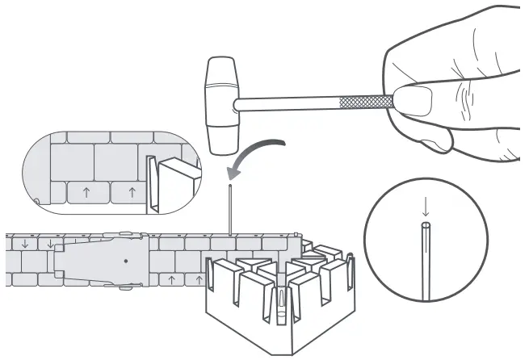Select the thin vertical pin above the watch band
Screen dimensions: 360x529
pyautogui.click(x=232, y=210)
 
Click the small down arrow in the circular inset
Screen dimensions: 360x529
pyautogui.click(x=426, y=207)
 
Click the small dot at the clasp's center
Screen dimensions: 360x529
pyautogui.click(x=125, y=261)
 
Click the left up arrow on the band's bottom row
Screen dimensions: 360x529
pyautogui.click(x=171, y=279)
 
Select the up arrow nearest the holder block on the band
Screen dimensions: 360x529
pyautogui.click(x=196, y=279)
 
